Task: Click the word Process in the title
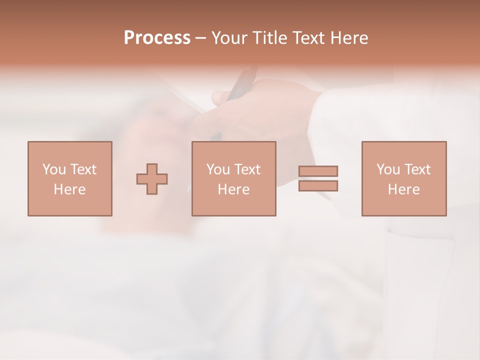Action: click(157, 38)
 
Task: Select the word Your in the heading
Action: click(229, 38)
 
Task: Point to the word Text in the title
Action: click(308, 38)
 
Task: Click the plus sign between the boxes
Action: click(152, 179)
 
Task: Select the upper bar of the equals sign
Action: click(318, 171)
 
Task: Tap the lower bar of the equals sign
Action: click(318, 186)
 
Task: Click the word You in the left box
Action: click(54, 169)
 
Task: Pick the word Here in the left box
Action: click(69, 189)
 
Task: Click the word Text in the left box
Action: click(83, 169)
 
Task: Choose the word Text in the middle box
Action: click(247, 169)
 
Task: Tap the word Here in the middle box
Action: click(233, 189)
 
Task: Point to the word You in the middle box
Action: click(218, 169)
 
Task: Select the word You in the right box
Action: click(388, 169)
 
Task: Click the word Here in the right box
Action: click(403, 189)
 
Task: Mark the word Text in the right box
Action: click(417, 169)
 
